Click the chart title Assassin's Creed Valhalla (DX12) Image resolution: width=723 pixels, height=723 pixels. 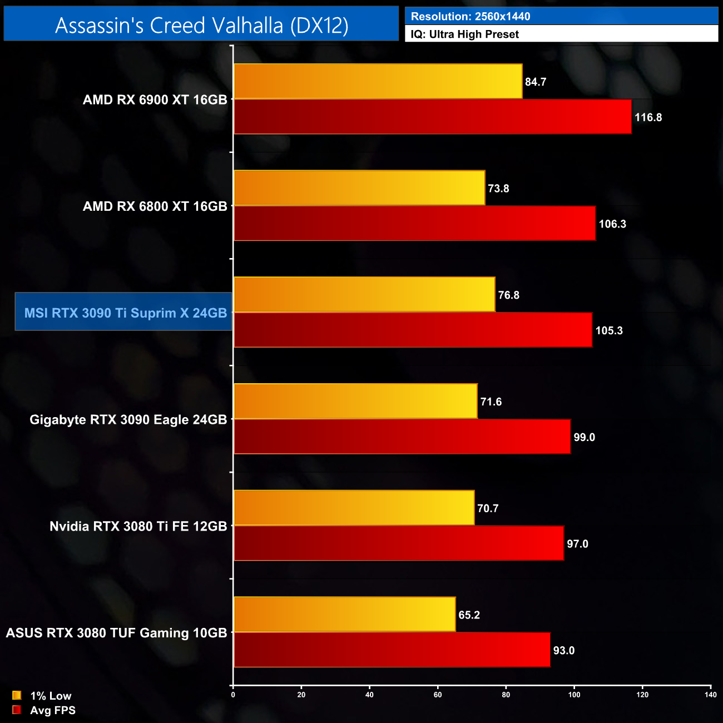point(201,25)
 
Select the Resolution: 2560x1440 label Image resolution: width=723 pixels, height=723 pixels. point(471,17)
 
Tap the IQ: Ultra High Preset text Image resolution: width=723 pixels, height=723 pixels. point(465,34)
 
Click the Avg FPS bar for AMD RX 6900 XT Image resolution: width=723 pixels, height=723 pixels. point(433,117)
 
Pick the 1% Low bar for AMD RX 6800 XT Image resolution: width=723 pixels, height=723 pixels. point(359,188)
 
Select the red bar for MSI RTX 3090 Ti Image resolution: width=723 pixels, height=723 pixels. point(413,330)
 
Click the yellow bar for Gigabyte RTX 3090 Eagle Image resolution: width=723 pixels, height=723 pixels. point(355,402)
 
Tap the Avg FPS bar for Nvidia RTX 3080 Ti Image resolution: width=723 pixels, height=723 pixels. point(399,543)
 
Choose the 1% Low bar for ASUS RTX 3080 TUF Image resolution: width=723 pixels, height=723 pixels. point(345,615)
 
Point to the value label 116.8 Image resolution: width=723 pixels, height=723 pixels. point(648,117)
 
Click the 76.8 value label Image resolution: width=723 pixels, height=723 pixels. point(509,295)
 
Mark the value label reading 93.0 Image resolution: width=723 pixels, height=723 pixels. point(564,651)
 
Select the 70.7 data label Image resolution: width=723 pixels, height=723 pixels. point(488,508)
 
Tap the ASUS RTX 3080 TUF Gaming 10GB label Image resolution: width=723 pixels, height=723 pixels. point(117,633)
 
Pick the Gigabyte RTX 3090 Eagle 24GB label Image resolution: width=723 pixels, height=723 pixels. point(128,419)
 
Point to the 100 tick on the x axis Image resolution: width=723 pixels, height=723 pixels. point(575,695)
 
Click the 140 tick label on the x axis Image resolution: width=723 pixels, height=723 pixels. point(710,695)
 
